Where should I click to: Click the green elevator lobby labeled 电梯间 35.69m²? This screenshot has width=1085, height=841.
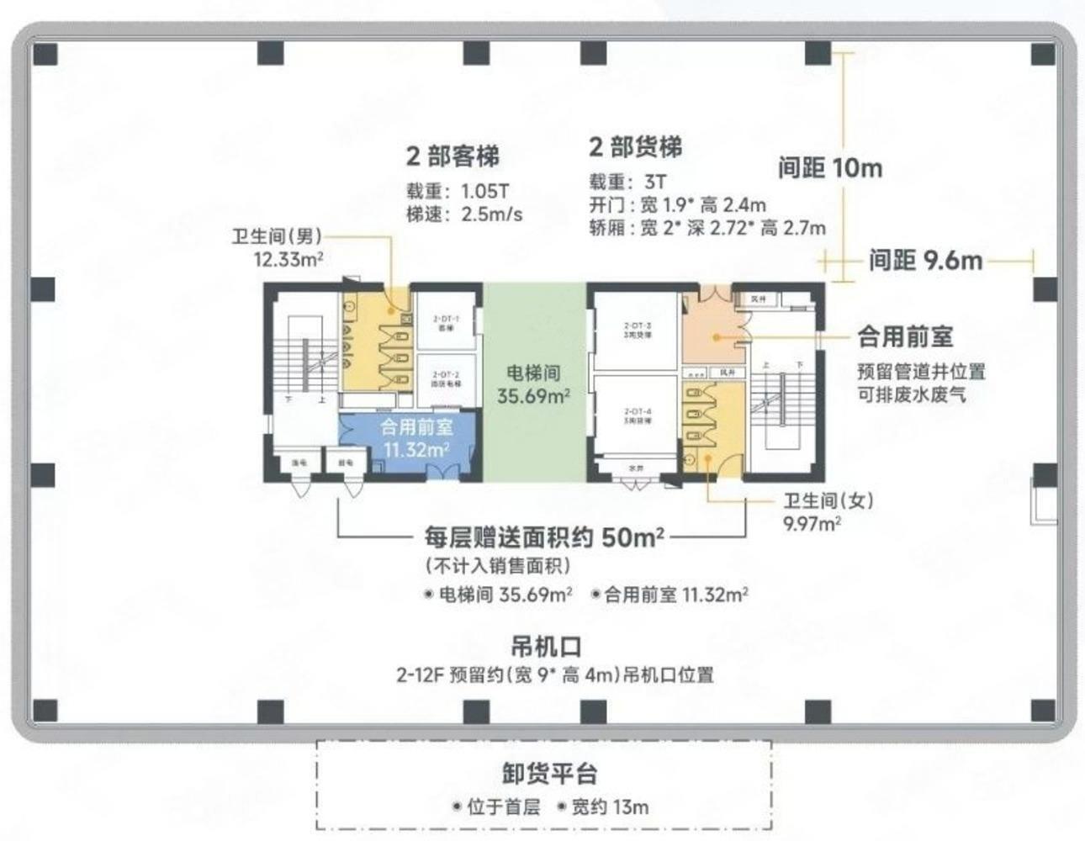coord(533,383)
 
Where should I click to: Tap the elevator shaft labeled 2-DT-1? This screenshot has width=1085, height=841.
coord(445,323)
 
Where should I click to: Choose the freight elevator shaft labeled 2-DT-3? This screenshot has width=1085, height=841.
coord(637,329)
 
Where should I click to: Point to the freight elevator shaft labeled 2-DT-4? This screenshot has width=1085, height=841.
coord(637,415)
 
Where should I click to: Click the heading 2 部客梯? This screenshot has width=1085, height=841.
coord(453,156)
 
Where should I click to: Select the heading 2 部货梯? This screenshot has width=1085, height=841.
coord(635,147)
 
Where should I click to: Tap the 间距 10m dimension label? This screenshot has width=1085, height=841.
coord(829,168)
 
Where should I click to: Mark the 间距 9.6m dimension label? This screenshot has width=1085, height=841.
coord(925,260)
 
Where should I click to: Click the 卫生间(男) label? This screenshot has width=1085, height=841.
coord(277,237)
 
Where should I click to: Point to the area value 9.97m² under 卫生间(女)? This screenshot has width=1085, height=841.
coord(812,523)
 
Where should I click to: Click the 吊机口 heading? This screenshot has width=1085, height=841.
coord(546,647)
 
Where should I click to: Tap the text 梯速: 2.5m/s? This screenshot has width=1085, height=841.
coord(464,214)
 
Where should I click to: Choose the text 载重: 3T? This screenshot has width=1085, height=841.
coord(627,182)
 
